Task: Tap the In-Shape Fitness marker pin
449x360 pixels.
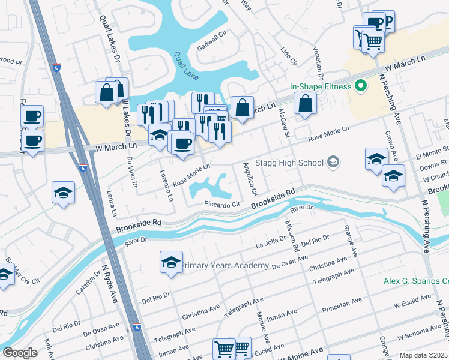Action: tap(361, 86)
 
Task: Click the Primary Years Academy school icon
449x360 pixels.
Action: tap(171, 263)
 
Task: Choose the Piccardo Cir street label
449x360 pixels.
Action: tap(222, 204)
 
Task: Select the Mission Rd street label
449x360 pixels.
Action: tap(292, 235)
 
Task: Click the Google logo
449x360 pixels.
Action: tap(19, 353)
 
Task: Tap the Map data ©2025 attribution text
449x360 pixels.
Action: tap(423, 355)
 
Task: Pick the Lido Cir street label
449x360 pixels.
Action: tap(289, 55)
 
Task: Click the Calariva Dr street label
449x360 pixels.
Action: tap(88, 284)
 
